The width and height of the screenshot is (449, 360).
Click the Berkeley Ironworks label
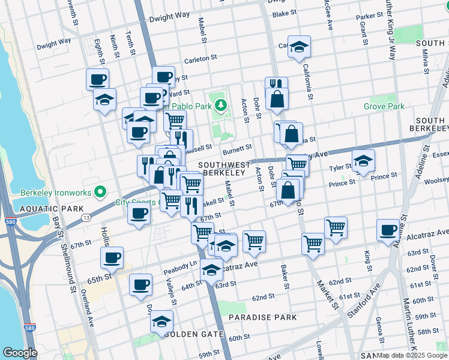click(54, 192)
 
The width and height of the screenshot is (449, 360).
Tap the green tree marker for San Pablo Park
click(221, 106)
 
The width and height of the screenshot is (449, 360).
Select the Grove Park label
click(384, 106)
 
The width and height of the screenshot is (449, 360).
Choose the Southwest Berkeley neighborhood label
click(224, 169)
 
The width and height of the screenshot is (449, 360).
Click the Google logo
click(20, 353)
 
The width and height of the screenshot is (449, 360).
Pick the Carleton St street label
click(200, 59)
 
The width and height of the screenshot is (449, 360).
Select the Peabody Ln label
click(180, 264)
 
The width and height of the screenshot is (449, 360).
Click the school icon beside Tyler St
click(363, 161)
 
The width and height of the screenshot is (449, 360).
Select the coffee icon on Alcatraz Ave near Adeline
click(388, 229)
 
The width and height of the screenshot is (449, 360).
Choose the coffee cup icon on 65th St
click(112, 258)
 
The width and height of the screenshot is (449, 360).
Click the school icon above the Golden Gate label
click(161, 321)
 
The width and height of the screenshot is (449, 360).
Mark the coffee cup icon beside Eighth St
click(97, 79)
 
